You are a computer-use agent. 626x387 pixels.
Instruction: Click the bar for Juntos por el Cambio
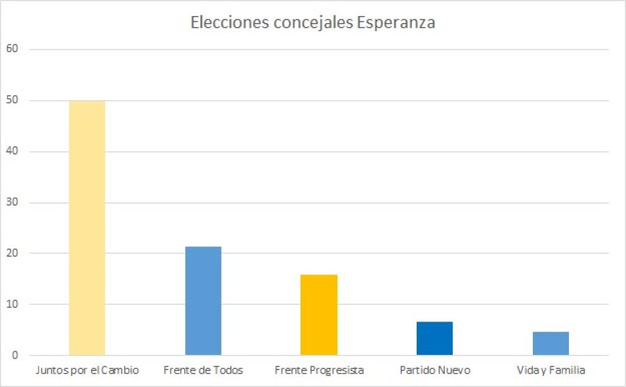coord(87,228)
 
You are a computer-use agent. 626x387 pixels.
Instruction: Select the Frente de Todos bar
coord(203,301)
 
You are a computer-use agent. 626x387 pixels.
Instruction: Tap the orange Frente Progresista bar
coord(319,315)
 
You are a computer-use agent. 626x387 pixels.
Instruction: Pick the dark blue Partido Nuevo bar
coord(435,338)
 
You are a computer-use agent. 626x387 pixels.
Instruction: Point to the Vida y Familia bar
coord(551,343)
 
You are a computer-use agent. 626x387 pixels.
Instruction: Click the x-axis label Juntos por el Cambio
coord(87,370)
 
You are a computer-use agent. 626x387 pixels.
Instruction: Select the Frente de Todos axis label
coord(203,370)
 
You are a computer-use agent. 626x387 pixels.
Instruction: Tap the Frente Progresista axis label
coord(319,370)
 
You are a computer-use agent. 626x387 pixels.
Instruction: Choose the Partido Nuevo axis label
coord(435,370)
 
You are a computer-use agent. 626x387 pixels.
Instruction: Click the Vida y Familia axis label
coord(551,370)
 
